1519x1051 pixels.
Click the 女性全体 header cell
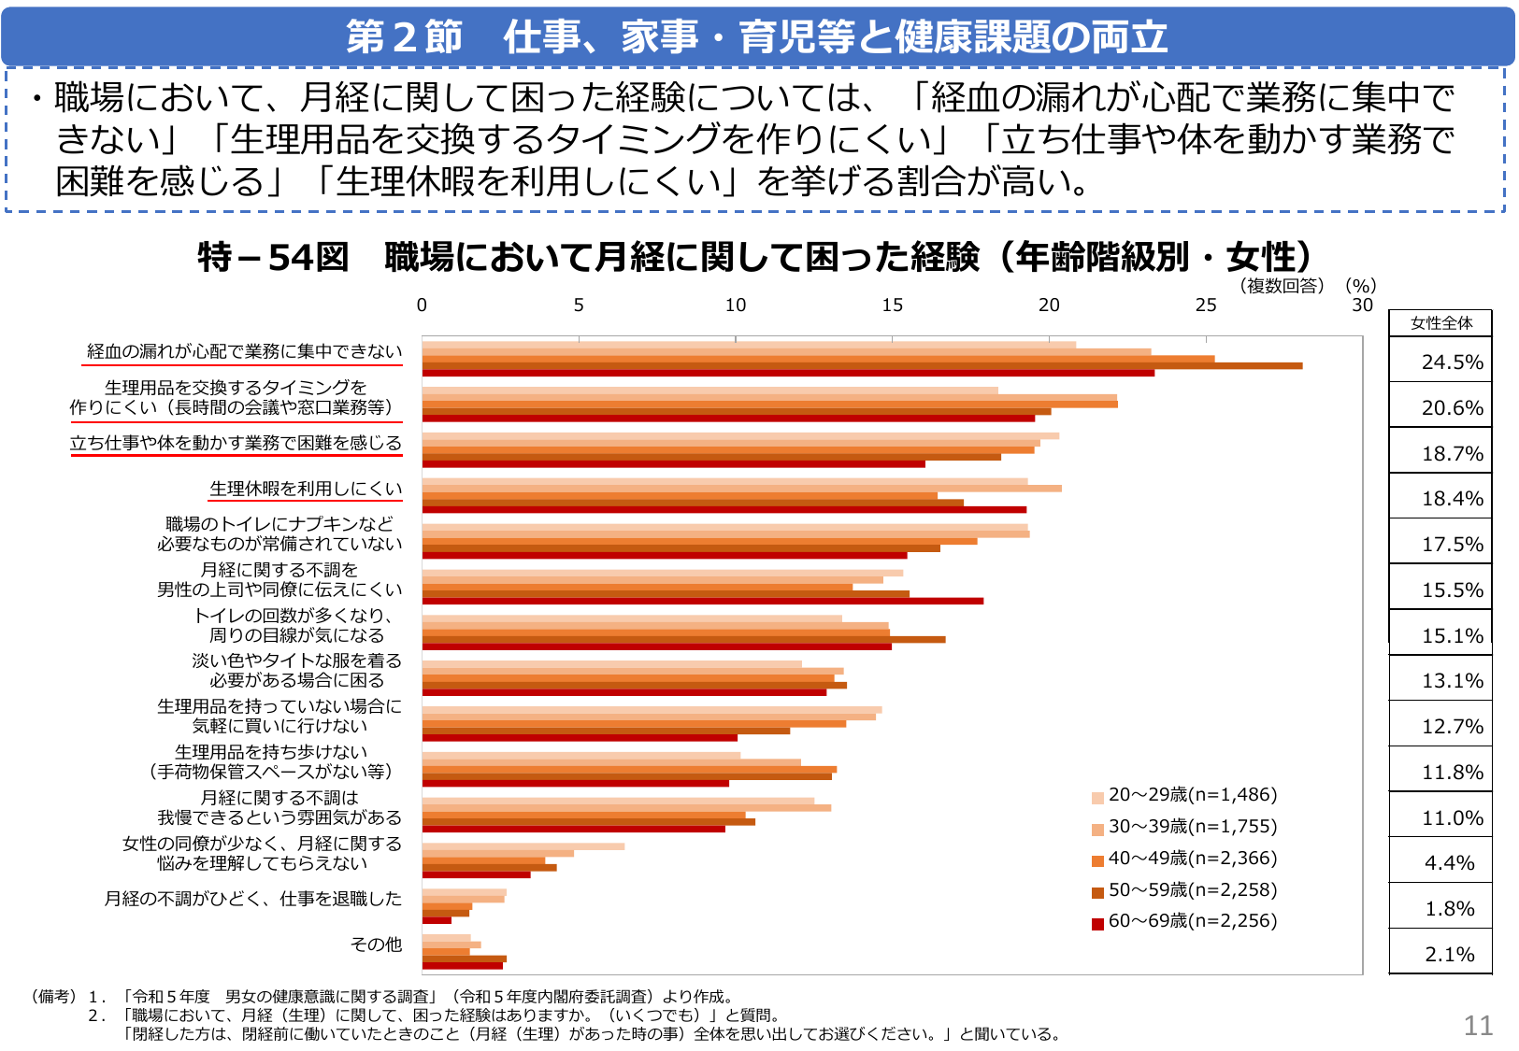[1440, 323]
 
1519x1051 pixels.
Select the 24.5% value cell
[1452, 362]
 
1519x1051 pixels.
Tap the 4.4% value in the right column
[1449, 863]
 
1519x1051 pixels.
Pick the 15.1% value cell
[1452, 636]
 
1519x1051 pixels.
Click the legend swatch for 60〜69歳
[1097, 923]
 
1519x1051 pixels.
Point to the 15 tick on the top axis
[892, 305]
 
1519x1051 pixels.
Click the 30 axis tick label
[1362, 305]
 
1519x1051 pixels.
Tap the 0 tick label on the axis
[422, 305]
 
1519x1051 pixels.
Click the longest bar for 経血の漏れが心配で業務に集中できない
[862, 365]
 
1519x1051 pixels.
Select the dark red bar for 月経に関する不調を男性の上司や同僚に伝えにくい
[702, 601]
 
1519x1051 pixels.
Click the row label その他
[376, 944]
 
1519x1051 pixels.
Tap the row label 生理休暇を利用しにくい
[306, 489]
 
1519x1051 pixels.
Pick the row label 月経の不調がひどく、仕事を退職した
[252, 899]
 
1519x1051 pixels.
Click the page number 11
[1478, 1026]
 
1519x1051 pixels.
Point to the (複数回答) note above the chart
[1282, 286]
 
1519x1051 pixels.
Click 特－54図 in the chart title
[273, 257]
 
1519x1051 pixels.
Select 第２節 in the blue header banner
[404, 37]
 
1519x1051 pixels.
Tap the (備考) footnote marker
[53, 997]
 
